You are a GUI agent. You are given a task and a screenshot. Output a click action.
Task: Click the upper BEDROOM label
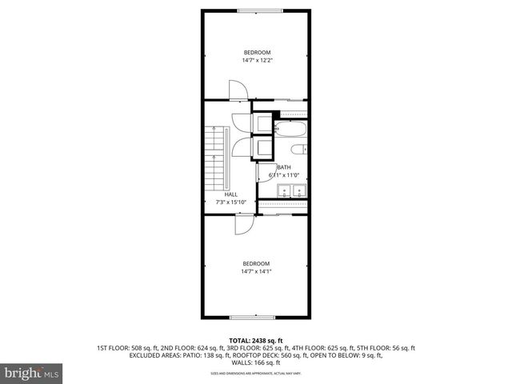click(x=256, y=53)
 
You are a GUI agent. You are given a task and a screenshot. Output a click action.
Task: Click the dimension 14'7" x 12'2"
click(x=256, y=60)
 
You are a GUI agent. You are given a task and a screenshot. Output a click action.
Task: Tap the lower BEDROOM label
click(x=256, y=264)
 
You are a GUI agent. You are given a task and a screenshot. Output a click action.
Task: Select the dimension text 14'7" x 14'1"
click(x=256, y=272)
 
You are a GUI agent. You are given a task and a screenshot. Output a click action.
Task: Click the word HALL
click(x=230, y=194)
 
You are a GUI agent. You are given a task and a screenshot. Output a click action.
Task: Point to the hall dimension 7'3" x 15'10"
click(x=230, y=202)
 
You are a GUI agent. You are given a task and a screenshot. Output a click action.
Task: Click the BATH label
click(x=283, y=167)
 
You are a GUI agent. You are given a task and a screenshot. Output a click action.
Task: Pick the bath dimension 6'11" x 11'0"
click(x=283, y=175)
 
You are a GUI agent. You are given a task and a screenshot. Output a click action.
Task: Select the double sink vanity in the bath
click(x=291, y=190)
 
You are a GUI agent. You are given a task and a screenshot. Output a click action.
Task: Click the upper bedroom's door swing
click(x=238, y=90)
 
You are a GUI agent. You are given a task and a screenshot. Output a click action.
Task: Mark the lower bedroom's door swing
click(x=244, y=226)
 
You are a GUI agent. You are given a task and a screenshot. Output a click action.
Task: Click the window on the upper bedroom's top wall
click(x=256, y=10)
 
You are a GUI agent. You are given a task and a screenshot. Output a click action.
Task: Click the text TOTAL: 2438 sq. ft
click(x=256, y=341)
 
